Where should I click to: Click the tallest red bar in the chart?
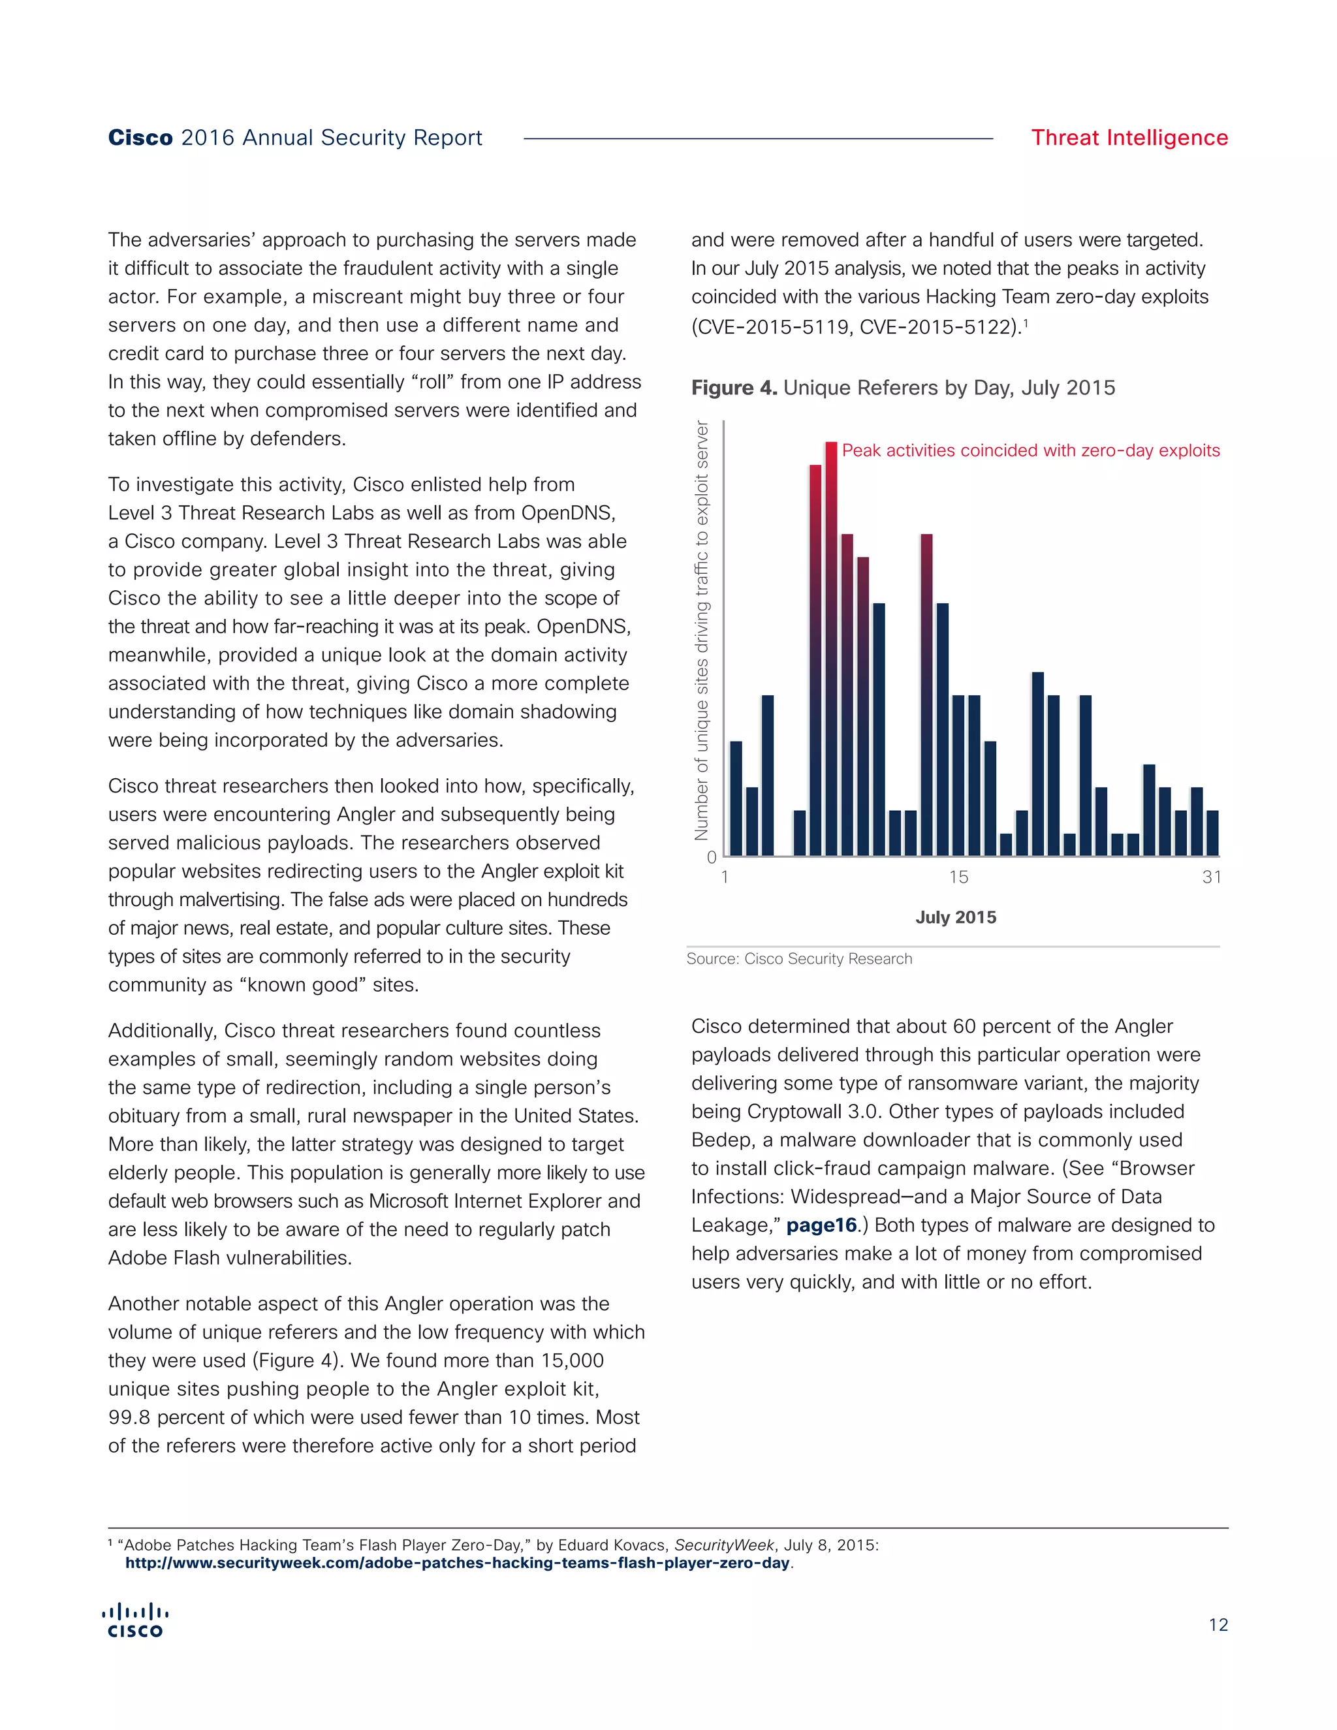click(x=831, y=650)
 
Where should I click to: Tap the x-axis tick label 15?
click(x=958, y=877)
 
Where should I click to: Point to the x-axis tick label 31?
click(x=1211, y=877)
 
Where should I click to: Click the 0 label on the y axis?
click(x=712, y=857)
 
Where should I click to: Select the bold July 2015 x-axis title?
click(x=955, y=917)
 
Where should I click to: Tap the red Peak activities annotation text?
click(x=1030, y=450)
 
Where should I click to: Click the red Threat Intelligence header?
click(x=1129, y=138)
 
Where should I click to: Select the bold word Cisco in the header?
click(x=140, y=138)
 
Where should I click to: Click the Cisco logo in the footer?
click(x=135, y=1622)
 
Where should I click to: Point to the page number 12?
click(x=1218, y=1625)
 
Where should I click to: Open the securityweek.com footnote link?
click(x=457, y=1563)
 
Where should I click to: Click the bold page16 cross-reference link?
click(x=821, y=1225)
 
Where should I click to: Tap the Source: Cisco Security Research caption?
click(x=798, y=958)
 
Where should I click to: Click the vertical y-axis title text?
click(x=701, y=630)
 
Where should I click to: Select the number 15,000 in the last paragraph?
click(x=572, y=1361)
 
